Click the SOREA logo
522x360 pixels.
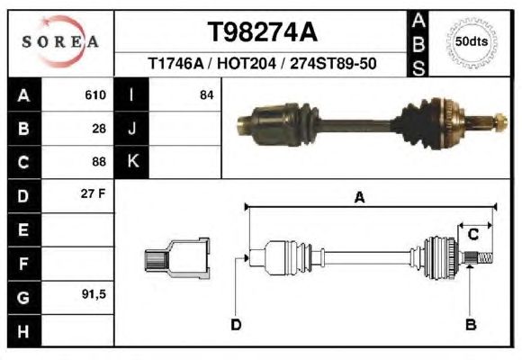[x=60, y=41]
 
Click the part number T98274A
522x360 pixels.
[x=263, y=32]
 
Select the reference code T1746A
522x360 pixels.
[x=175, y=63]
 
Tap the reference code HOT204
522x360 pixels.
[x=247, y=63]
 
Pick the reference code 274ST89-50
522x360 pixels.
[x=333, y=63]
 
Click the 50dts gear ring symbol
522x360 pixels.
[x=472, y=42]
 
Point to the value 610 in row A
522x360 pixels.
[x=95, y=94]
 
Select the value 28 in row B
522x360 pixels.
[x=99, y=129]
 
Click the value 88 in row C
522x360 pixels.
[x=99, y=162]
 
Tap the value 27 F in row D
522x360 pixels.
[x=94, y=193]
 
